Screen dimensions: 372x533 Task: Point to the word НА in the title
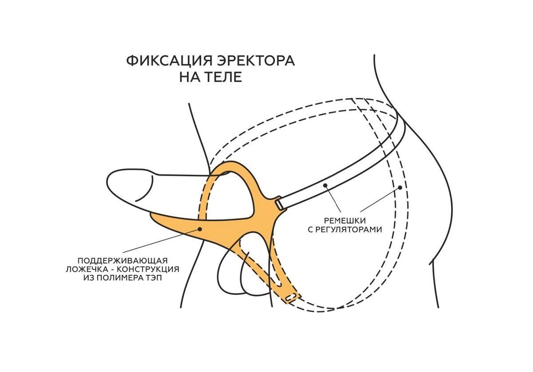coord(188,77)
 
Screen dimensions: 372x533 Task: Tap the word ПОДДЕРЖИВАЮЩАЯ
coord(123,260)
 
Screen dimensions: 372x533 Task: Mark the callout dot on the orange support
coord(200,229)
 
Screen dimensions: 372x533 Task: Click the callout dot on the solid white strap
coord(326,185)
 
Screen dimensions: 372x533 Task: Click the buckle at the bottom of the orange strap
coord(291,298)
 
